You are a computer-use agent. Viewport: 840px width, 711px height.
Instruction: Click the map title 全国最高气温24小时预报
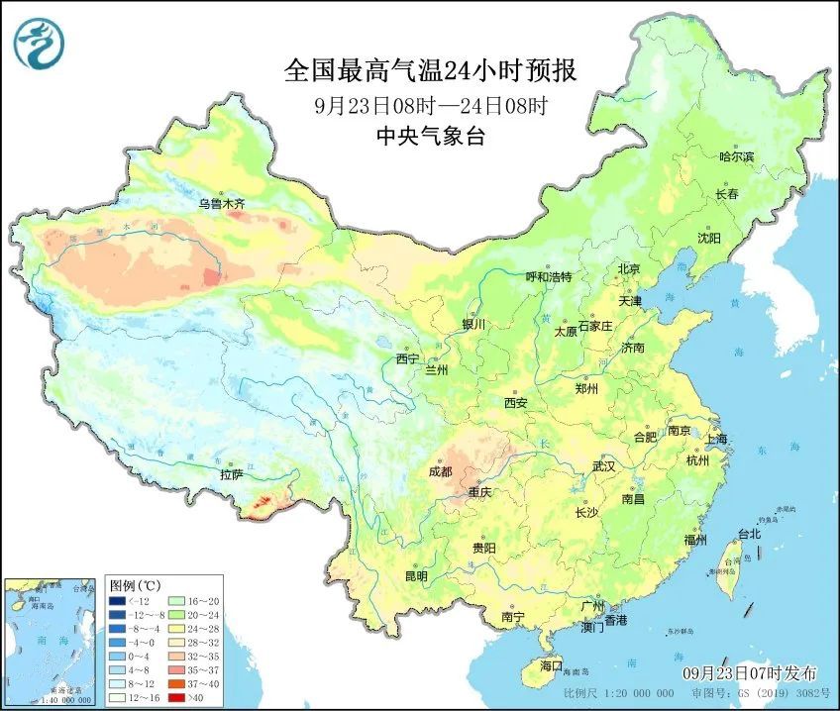[430, 71]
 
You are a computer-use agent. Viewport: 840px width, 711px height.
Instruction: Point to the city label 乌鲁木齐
[220, 204]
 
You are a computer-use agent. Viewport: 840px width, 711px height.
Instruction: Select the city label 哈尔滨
[736, 157]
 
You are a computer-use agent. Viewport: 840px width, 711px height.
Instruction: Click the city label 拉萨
[231, 474]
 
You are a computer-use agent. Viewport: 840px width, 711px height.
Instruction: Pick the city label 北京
[629, 269]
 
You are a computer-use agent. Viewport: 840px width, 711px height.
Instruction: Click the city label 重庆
[480, 492]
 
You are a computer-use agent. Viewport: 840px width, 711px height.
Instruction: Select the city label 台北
[749, 534]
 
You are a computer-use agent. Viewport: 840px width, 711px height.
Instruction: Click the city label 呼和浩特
[549, 277]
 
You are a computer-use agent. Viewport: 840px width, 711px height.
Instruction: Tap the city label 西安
[515, 403]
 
